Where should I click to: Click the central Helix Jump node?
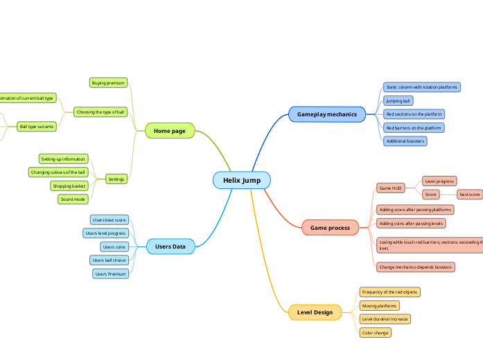pos(241,180)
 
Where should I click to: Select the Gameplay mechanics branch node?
pos(326,114)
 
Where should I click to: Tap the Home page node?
pos(170,130)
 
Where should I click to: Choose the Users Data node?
pos(170,246)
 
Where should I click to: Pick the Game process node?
pos(330,227)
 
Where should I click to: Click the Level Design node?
pos(315,312)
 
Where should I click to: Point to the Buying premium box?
pos(109,83)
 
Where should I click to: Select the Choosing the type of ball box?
pos(100,111)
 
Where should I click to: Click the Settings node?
pos(116,179)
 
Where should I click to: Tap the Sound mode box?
pos(73,199)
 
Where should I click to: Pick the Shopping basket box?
pos(69,186)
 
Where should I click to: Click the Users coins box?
pos(114,246)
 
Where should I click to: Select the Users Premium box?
pos(110,273)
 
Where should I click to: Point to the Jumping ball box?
pos(398,100)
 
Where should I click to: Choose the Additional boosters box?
pos(405,141)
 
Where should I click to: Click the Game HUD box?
pos(391,188)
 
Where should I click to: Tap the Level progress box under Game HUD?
pos(439,181)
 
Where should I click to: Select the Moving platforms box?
pos(379,305)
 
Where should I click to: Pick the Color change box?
pos(375,333)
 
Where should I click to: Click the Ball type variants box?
pos(37,127)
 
